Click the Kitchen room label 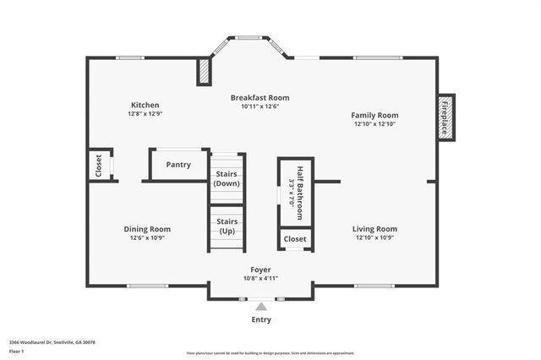tap(145, 105)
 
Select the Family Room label tap(375, 115)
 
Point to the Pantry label tap(178, 165)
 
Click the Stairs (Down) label tap(227, 178)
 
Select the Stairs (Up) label tap(227, 226)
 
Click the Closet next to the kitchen tap(99, 166)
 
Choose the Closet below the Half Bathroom tap(295, 239)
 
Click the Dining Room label tap(147, 229)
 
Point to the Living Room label tap(374, 229)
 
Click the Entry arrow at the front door tap(261, 307)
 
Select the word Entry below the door tap(261, 320)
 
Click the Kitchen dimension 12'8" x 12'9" tap(145, 113)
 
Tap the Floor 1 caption tap(17, 351)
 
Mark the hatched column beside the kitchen tap(204, 72)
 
